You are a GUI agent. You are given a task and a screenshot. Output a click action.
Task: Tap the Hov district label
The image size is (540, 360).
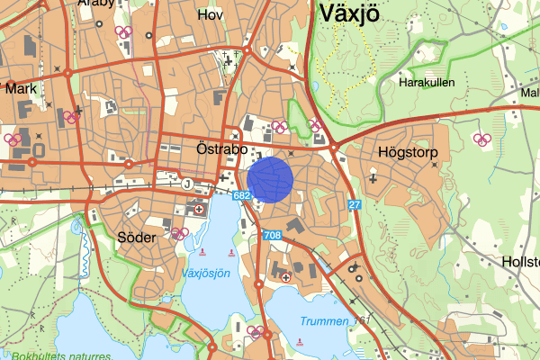click(210, 15)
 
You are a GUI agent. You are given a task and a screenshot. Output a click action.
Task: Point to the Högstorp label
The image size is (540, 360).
click(408, 153)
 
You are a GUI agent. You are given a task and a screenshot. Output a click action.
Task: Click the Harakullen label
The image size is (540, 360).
click(427, 82)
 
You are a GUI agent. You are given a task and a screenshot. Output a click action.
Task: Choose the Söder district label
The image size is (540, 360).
click(137, 238)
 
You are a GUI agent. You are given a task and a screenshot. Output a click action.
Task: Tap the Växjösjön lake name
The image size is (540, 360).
click(206, 272)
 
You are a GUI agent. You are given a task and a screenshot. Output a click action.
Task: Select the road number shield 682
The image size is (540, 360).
click(240, 195)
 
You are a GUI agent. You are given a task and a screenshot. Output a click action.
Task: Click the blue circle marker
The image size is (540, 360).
click(270, 179)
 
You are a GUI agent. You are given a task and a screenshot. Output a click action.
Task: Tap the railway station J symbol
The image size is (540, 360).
click(187, 184)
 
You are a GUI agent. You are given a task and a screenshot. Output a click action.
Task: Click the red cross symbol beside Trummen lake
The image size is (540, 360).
click(286, 278)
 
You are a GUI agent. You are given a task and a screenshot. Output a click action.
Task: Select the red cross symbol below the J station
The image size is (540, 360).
click(199, 210)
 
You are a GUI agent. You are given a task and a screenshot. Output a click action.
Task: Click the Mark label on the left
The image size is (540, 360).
click(20, 89)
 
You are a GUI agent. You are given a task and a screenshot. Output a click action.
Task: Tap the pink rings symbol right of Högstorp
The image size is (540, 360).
click(481, 139)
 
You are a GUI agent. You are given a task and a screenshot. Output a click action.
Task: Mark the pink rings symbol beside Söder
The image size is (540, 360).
click(179, 233)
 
